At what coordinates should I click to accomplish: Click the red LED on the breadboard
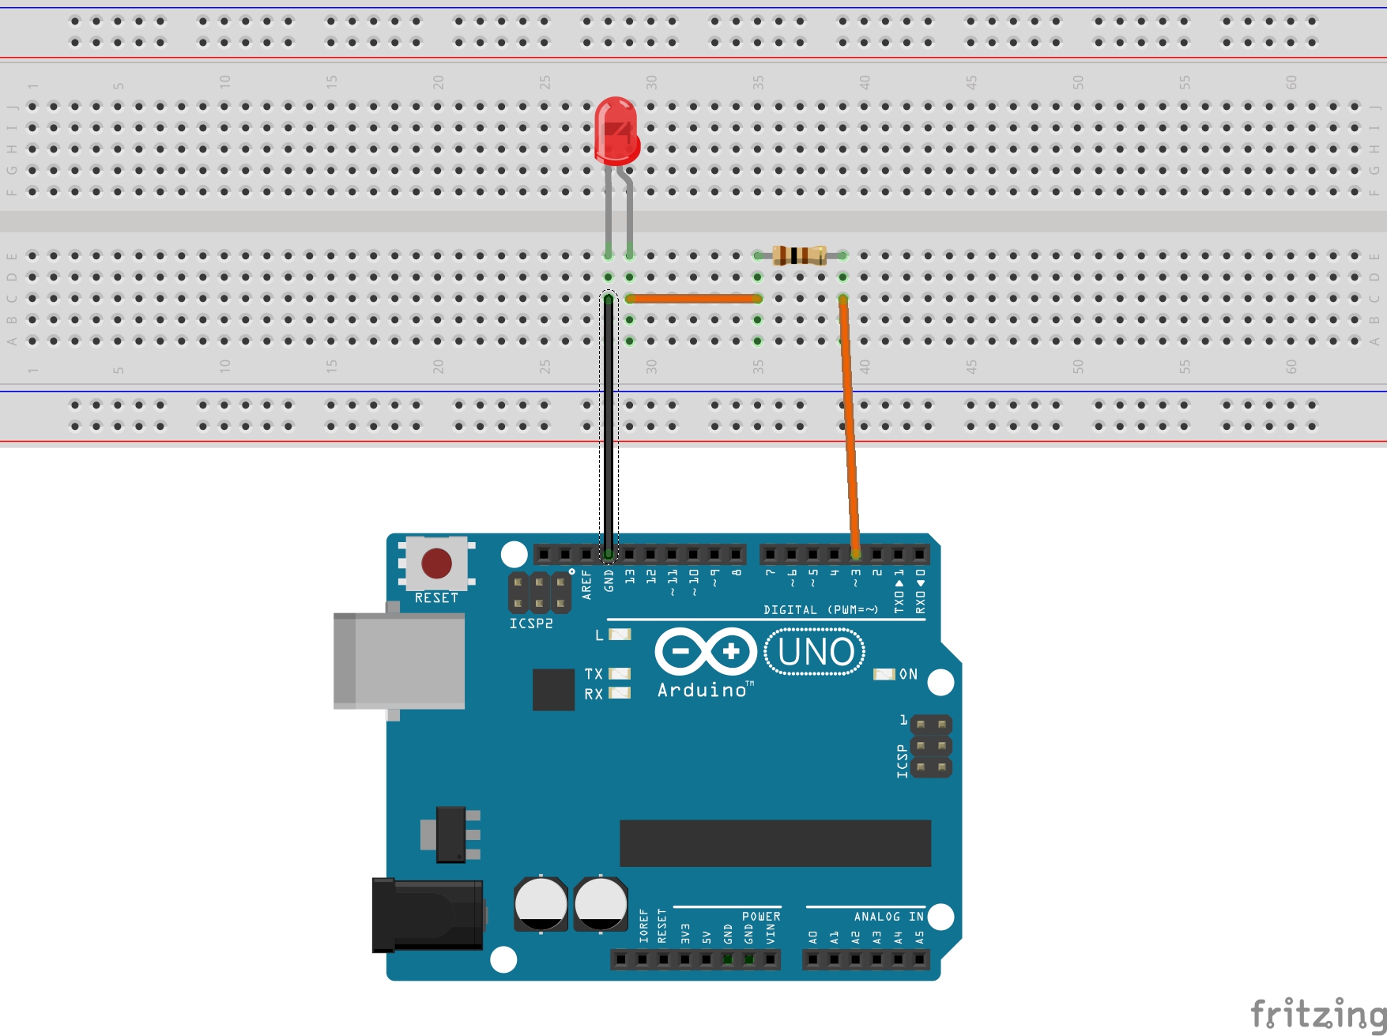click(x=616, y=130)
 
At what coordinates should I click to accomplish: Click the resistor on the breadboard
click(x=800, y=255)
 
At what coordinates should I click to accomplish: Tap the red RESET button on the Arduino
click(x=436, y=563)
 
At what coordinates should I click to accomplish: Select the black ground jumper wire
click(x=609, y=427)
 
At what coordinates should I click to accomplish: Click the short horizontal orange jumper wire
click(x=693, y=299)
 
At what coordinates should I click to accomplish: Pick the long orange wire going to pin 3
click(x=849, y=427)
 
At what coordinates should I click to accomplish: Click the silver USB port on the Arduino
click(x=399, y=661)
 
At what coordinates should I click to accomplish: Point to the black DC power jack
click(x=428, y=915)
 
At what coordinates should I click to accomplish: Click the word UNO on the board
click(x=816, y=652)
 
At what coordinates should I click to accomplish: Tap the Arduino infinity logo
click(x=706, y=651)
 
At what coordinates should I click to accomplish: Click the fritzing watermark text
click(x=1317, y=1014)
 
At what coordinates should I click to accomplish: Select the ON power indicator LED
click(x=884, y=674)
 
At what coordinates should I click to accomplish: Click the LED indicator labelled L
click(x=620, y=635)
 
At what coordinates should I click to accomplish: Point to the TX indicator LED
click(x=620, y=673)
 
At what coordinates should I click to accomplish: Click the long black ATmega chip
click(x=775, y=843)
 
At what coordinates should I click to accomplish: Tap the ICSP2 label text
click(x=531, y=623)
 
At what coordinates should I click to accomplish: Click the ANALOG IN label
click(x=888, y=917)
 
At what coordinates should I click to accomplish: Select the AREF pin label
click(x=586, y=584)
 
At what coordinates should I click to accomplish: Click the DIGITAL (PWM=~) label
click(x=820, y=610)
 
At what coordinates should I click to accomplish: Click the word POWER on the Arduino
click(x=761, y=917)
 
